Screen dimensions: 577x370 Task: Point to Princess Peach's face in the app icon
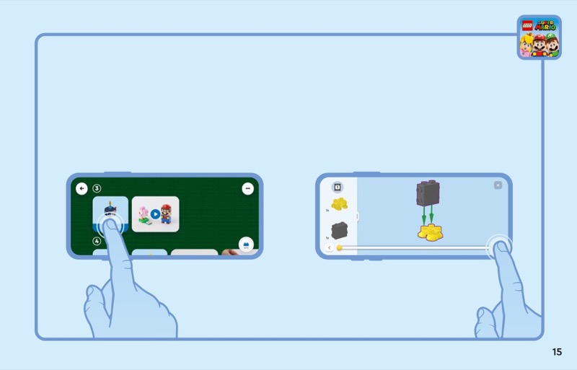[x=527, y=47]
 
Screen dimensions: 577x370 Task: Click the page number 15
[x=557, y=352]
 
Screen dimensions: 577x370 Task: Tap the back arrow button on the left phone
[x=82, y=188]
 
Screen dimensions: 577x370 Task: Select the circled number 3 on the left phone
[x=97, y=188]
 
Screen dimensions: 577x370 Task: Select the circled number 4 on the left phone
[x=97, y=241]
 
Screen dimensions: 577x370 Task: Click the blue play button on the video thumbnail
[x=155, y=214]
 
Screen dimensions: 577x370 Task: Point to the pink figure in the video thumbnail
[x=143, y=214]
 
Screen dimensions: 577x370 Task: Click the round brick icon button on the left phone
[x=246, y=245]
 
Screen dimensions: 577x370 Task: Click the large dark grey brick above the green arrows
[x=427, y=193]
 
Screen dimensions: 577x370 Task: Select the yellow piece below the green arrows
[x=431, y=232]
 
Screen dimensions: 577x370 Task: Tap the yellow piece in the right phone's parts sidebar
[x=339, y=204]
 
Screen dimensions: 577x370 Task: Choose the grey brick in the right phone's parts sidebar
[x=339, y=230]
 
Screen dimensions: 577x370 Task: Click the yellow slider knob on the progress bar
[x=339, y=248]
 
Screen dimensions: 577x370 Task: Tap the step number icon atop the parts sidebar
[x=338, y=187]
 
